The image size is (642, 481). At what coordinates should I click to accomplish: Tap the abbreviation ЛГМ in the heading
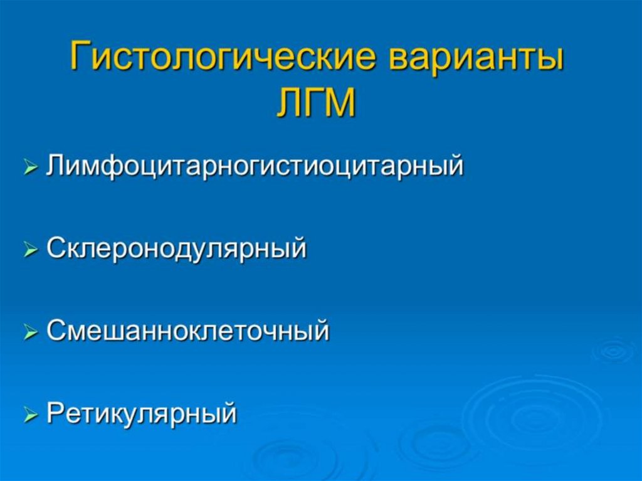[315, 103]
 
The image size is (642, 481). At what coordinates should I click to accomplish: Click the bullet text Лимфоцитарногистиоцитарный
[255, 167]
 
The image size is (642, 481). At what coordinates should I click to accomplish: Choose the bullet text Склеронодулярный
[177, 249]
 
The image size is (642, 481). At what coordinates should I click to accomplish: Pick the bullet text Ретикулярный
[142, 415]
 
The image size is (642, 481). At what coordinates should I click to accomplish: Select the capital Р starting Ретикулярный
[55, 414]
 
